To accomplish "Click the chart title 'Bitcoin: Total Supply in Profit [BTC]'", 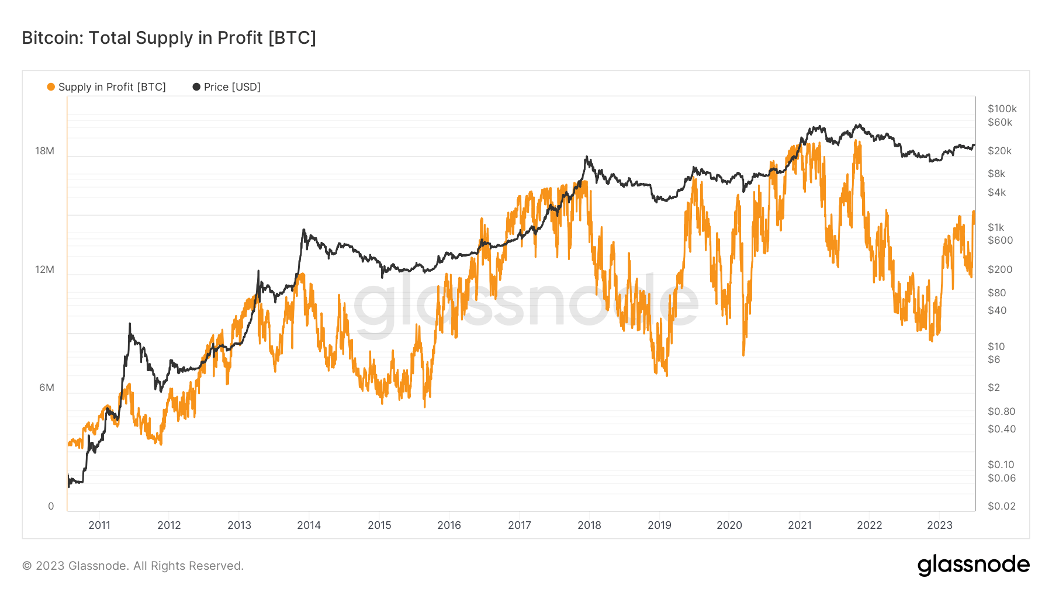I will [169, 38].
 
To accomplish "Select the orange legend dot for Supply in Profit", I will [51, 87].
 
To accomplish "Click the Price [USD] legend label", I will [231, 87].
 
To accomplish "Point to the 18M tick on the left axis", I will [44, 151].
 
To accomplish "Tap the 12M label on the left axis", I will [44, 269].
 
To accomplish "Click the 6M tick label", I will [46, 387].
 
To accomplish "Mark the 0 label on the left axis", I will [51, 506].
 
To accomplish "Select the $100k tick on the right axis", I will [1002, 109].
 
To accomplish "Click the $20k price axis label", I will [999, 151].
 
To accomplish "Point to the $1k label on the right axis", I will [996, 227].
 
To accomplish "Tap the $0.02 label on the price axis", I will [1001, 506].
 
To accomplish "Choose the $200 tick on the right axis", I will [999, 269].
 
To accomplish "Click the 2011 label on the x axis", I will [99, 525].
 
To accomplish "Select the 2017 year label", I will [519, 525].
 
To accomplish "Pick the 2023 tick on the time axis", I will [939, 525].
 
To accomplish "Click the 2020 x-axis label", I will [729, 525].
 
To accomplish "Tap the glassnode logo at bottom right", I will [973, 565].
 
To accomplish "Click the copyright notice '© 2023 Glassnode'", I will [133, 566].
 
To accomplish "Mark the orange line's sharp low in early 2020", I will [743, 354].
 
